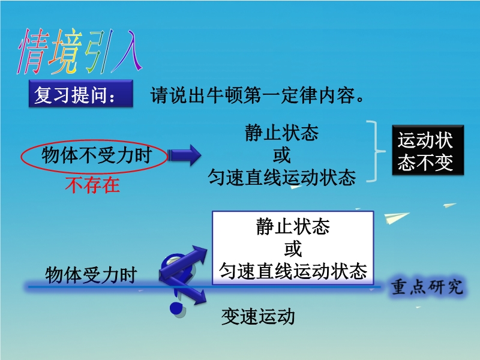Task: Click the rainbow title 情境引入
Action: (80, 52)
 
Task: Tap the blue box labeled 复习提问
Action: (81, 94)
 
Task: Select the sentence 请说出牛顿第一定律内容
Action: (257, 95)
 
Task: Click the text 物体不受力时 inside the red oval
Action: (97, 155)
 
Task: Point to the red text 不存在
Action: (92, 185)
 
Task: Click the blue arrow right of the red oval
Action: (184, 155)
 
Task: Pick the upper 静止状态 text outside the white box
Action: (281, 133)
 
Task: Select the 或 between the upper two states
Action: (281, 155)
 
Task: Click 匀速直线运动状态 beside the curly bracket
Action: (281, 177)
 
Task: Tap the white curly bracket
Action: (376, 151)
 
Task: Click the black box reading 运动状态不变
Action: (428, 150)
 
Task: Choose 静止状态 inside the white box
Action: (293, 227)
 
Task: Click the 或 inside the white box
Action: (293, 249)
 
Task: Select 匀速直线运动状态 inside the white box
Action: (293, 271)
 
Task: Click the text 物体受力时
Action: (91, 275)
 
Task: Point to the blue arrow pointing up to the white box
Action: (184, 262)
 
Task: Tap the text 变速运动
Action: (258, 317)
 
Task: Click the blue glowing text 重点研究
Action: (427, 287)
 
